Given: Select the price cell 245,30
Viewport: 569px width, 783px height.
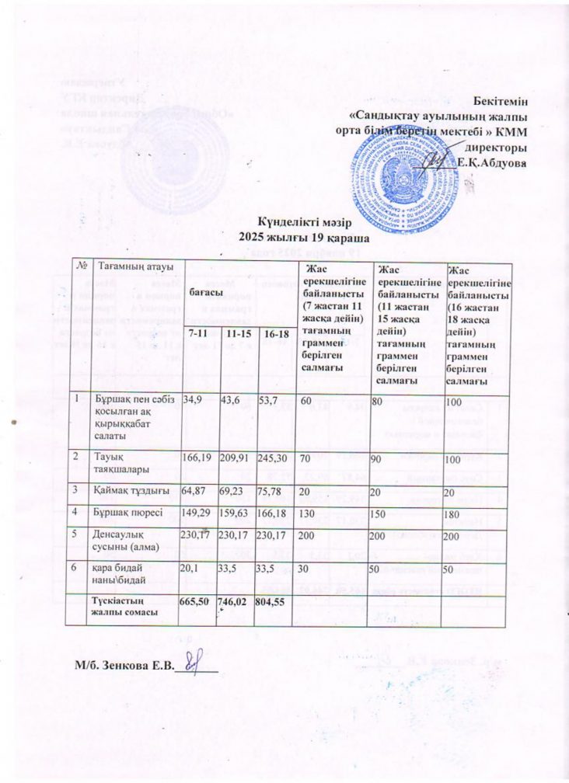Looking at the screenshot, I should pos(274,458).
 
